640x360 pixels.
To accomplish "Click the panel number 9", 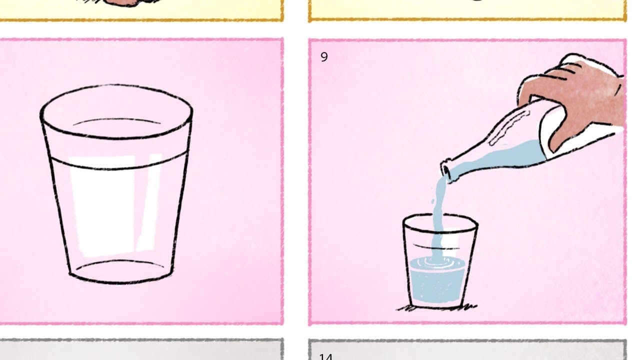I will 324,57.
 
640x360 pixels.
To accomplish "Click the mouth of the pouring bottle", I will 446,170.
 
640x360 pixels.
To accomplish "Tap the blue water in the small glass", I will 435,285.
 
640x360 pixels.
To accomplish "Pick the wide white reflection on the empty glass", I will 102,205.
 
